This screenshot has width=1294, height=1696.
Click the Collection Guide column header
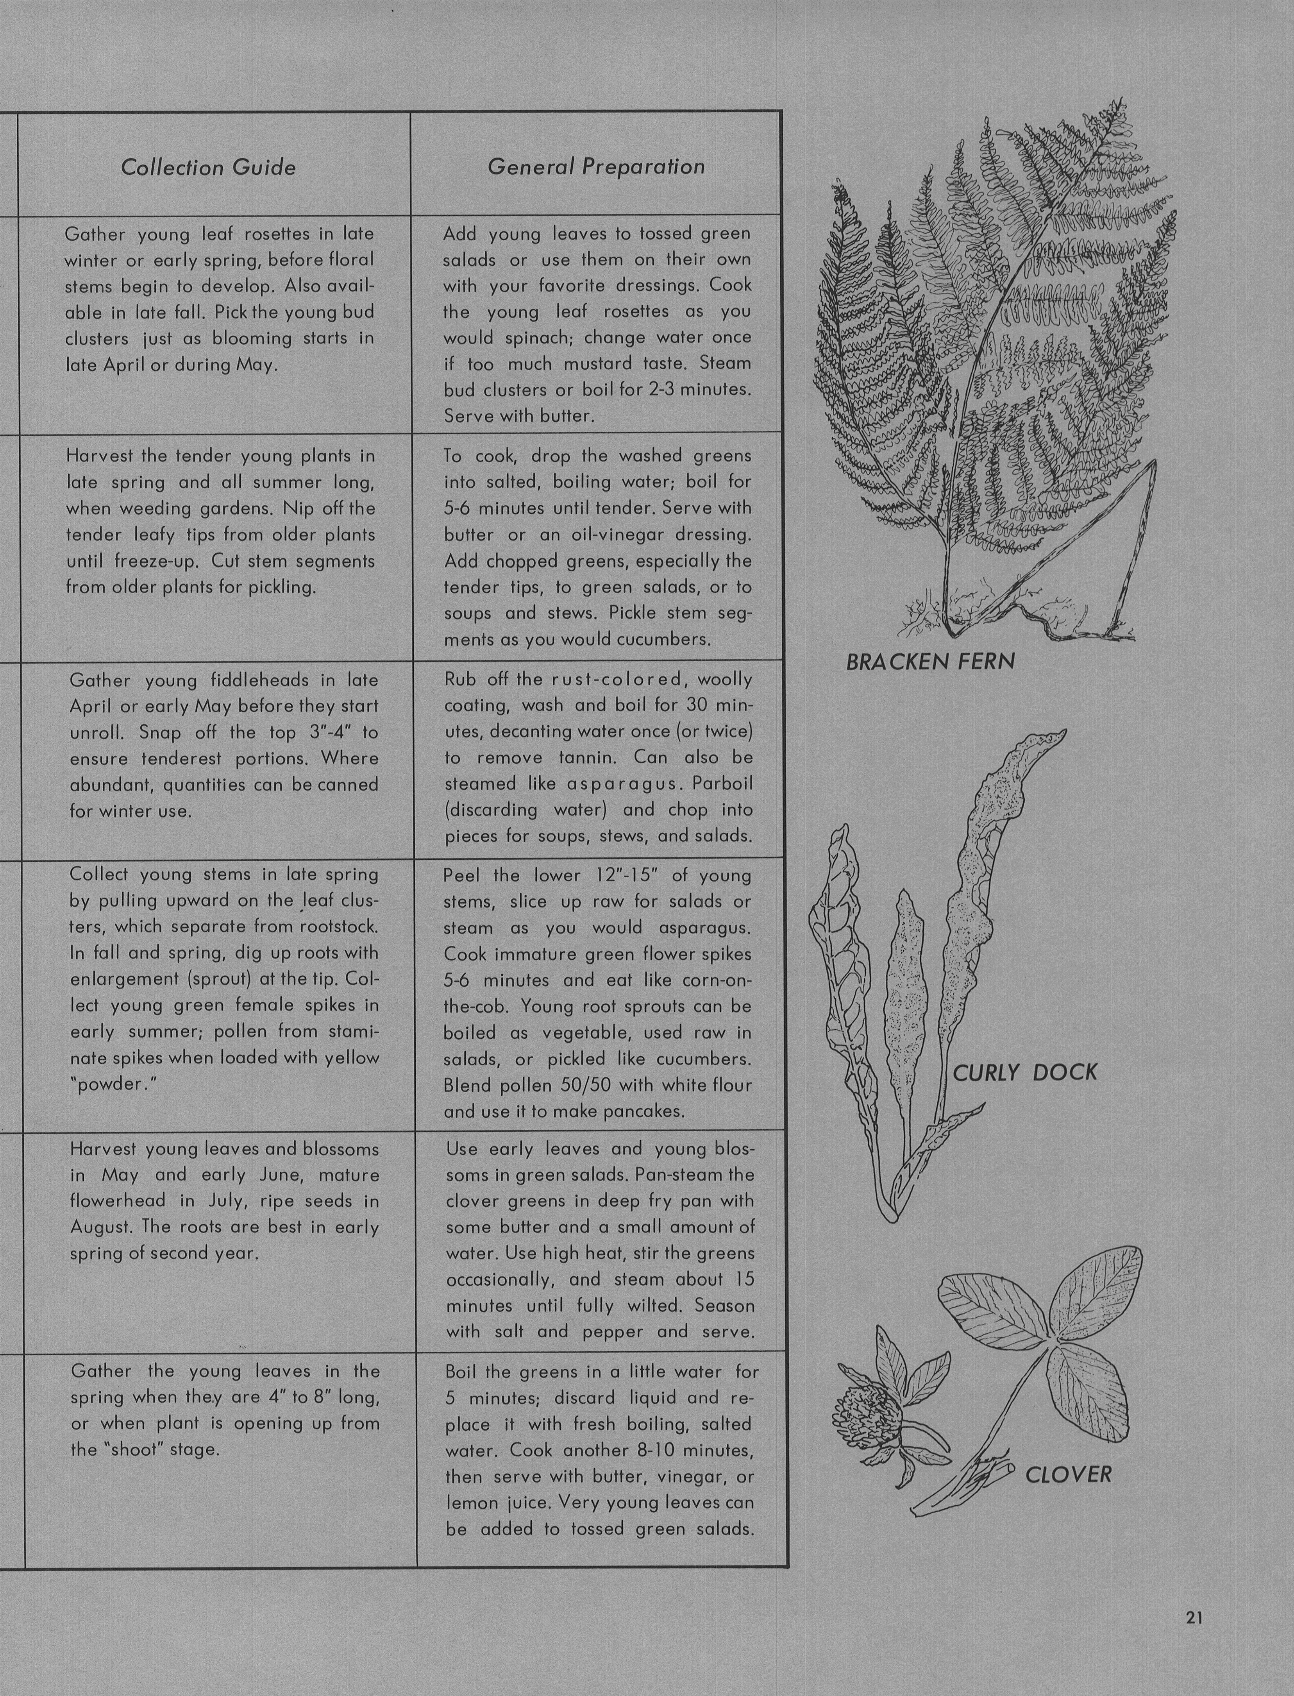coord(208,167)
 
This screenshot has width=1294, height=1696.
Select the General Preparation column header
coord(596,166)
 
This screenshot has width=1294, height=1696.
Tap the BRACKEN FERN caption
coord(930,662)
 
